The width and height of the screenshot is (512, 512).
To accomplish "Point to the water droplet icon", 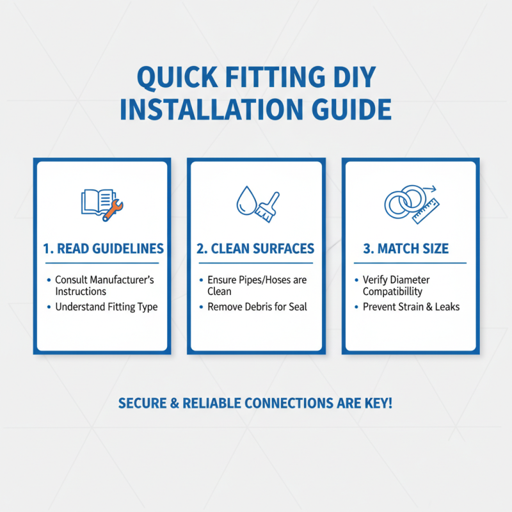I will tap(245, 201).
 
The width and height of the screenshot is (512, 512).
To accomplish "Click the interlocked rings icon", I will tap(403, 202).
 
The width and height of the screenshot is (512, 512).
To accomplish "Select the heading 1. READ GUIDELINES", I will tap(103, 249).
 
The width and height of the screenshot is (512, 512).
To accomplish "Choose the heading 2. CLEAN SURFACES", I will tap(255, 249).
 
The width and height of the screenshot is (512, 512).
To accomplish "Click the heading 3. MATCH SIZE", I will tap(410, 249).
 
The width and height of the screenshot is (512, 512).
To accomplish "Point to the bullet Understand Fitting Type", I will tap(106, 307).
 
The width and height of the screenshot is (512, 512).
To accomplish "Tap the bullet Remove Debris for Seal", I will tap(257, 307).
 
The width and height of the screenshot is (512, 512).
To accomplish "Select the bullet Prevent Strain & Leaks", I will tap(411, 307).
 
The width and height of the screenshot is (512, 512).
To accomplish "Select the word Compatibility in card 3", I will tap(392, 291).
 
